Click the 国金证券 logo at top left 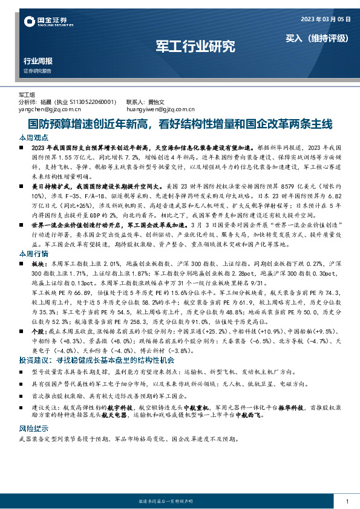click(x=45, y=22)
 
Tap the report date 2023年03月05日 click(x=326, y=20)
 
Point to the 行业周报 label click(x=38, y=61)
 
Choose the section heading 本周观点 click(x=32, y=137)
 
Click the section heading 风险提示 click(x=32, y=427)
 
